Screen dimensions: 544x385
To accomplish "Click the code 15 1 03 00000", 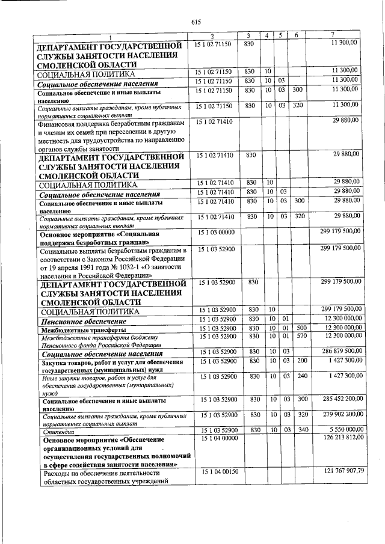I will point(214,231).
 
